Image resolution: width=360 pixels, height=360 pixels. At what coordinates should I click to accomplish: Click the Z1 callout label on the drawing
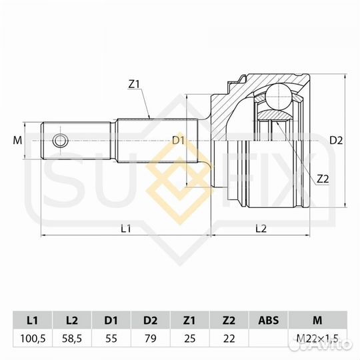(x=134, y=85)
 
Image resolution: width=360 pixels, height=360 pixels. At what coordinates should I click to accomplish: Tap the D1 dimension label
(x=178, y=141)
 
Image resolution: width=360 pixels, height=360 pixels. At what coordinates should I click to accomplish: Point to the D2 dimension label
(x=336, y=141)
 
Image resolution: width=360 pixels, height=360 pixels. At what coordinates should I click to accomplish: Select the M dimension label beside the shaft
(x=18, y=141)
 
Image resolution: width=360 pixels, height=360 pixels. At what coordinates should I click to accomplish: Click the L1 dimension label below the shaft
(x=126, y=229)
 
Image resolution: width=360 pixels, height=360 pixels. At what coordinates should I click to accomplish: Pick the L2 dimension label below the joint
(x=261, y=229)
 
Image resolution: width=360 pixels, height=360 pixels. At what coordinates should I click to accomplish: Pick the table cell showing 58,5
(x=73, y=338)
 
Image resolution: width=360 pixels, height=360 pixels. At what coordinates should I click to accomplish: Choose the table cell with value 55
(x=112, y=338)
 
